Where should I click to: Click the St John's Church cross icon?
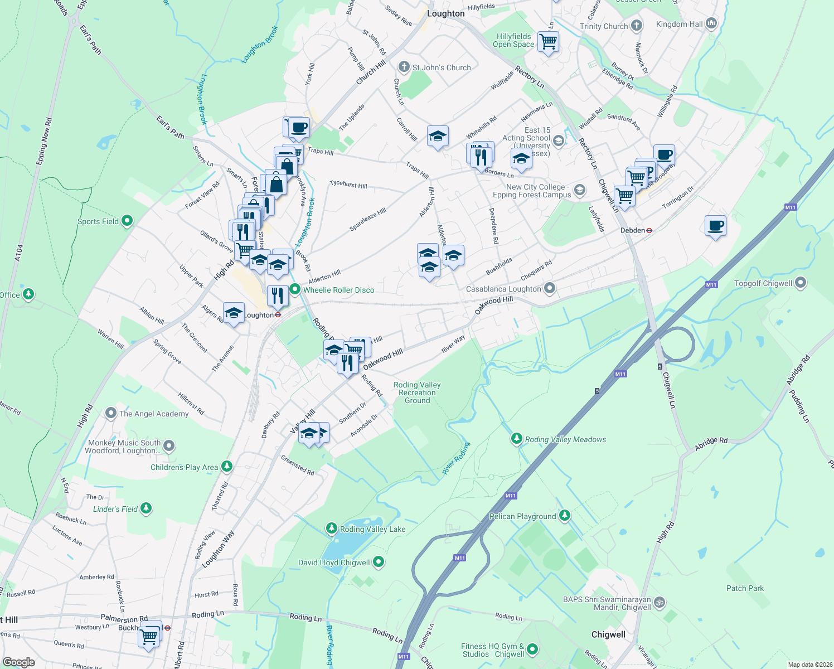404,67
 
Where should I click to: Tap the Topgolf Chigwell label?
763,283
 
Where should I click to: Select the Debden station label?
632,230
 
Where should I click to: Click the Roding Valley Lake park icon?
332,528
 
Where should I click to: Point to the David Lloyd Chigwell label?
333,563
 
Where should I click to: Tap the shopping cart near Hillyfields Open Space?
548,41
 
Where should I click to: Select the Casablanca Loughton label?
503,289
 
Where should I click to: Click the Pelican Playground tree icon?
565,516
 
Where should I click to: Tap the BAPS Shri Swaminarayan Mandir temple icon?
659,602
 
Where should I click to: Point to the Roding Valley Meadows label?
565,439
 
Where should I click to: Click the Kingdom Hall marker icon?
711,23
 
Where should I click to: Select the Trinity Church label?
603,26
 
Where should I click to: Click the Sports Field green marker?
127,221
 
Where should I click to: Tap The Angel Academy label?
154,414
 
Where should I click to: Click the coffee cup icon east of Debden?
715,226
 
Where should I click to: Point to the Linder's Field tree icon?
146,508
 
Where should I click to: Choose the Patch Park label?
745,588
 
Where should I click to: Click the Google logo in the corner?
18,662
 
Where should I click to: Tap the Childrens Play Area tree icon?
226,466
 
